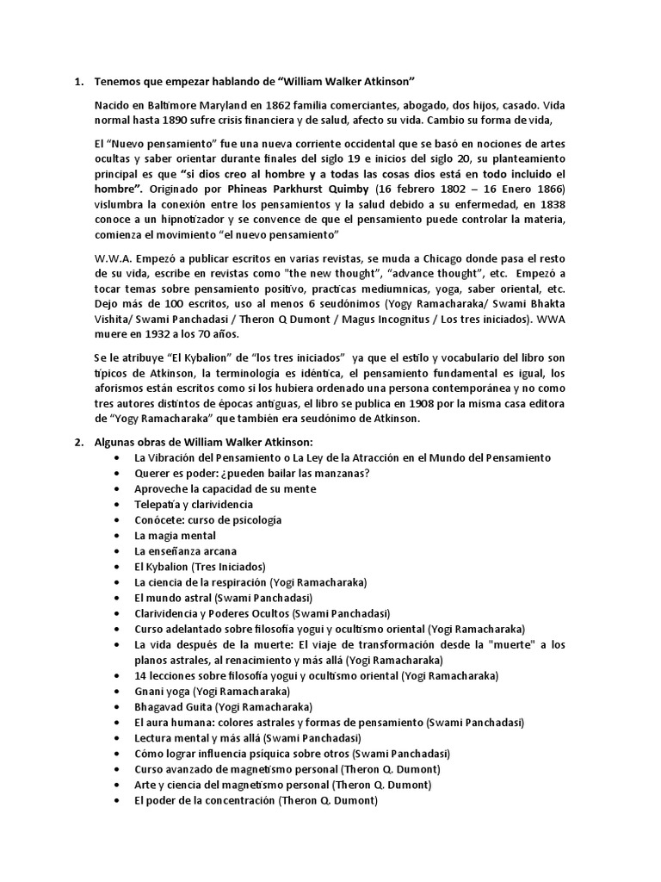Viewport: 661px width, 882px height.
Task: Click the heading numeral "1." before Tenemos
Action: coord(77,82)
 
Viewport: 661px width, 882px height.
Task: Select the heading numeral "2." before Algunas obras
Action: coord(77,442)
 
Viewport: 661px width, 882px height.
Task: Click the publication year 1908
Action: coord(399,403)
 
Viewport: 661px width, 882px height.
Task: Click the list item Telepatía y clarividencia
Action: coord(194,504)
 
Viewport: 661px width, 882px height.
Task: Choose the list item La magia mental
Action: coord(175,535)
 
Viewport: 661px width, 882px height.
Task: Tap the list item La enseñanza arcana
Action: coord(185,550)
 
